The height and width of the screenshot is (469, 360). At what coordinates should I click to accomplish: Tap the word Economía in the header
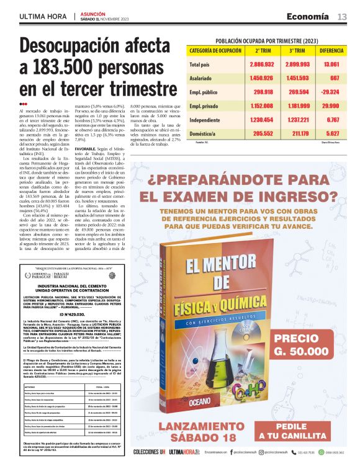click(x=308, y=17)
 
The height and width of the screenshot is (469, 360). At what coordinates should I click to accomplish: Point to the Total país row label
click(x=202, y=64)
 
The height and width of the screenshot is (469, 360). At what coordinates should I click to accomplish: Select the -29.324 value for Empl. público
click(x=331, y=91)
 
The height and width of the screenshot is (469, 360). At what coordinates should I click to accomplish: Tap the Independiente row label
click(x=205, y=119)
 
